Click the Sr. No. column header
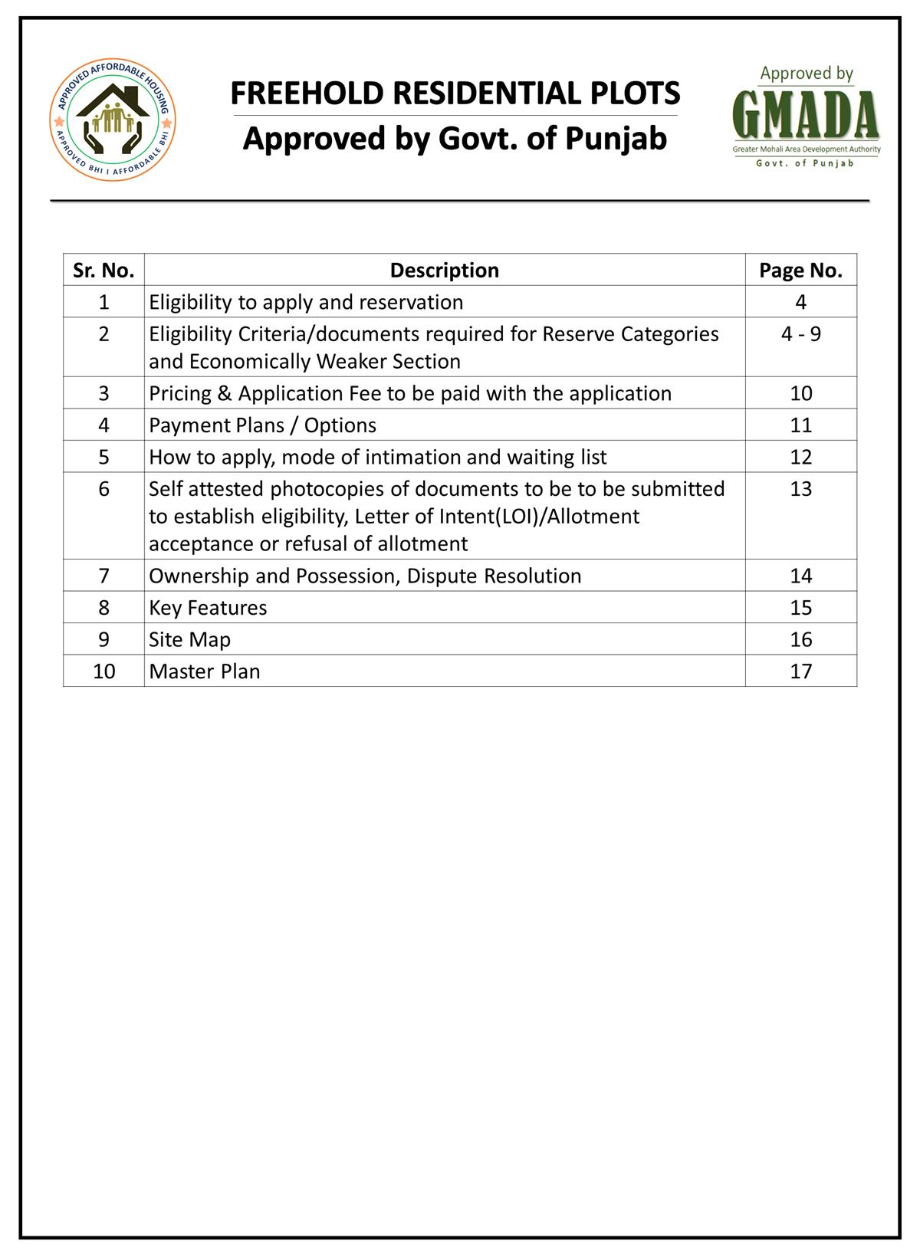(103, 270)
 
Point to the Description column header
(445, 270)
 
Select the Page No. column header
(800, 270)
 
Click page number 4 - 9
(800, 333)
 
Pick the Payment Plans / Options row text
(263, 425)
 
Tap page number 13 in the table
(800, 489)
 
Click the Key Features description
(208, 608)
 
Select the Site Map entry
(189, 639)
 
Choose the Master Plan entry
(205, 671)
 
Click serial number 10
(103, 671)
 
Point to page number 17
(800, 671)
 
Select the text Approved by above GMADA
(807, 74)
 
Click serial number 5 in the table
(103, 457)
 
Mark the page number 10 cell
(800, 393)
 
